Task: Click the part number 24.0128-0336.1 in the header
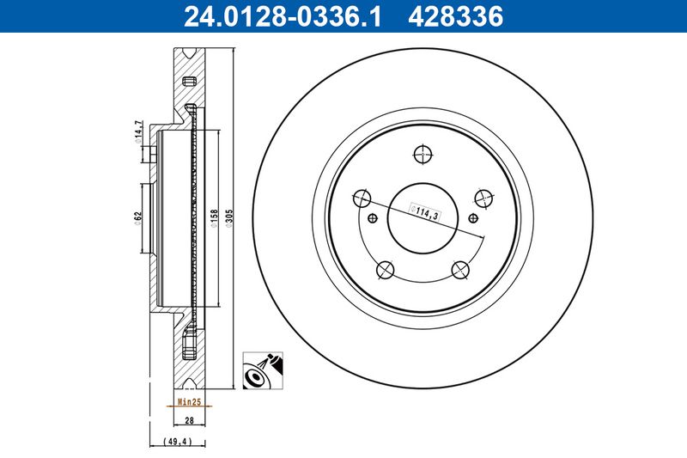coord(283,16)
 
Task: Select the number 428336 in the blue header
coord(456,16)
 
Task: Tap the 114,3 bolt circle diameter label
coord(424,212)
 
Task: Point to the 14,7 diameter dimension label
coord(138,131)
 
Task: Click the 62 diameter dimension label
coord(138,217)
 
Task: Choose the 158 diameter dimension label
coord(214,218)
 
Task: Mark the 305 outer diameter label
coord(229,218)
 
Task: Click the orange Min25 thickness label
coord(189,401)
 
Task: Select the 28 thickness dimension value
coord(189,420)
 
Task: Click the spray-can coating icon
coord(263,370)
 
